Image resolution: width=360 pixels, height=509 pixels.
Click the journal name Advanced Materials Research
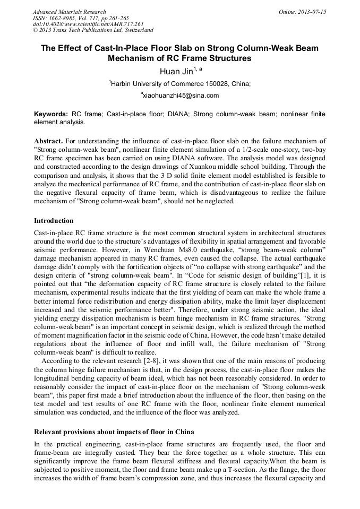[69, 12]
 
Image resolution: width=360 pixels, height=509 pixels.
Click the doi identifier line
[88, 24]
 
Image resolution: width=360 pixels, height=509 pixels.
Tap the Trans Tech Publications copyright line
[93, 30]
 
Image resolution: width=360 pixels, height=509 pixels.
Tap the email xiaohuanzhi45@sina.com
[180, 96]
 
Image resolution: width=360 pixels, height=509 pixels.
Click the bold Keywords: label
[50, 114]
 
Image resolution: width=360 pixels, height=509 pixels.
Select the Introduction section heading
[54, 220]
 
